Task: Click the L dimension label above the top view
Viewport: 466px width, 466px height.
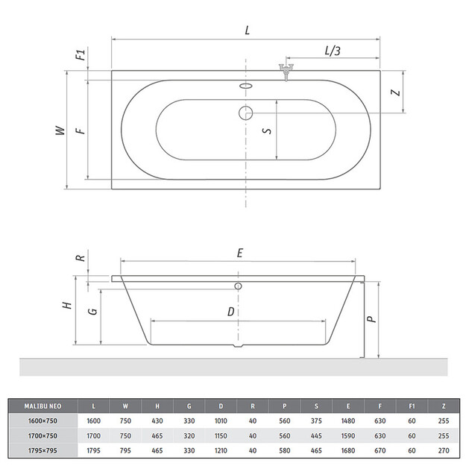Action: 248,31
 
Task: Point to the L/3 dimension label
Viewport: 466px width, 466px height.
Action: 333,51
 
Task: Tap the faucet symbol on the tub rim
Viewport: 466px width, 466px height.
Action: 286,72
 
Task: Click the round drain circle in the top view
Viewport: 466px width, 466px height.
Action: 246,113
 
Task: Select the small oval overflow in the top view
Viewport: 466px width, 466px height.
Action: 246,86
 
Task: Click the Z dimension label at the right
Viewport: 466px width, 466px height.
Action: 396,92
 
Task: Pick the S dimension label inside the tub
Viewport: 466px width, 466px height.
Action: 267,130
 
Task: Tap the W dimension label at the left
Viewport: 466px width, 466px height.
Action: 60,130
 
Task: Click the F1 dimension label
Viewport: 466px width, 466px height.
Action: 81,54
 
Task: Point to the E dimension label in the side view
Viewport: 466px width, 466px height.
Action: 240,254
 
